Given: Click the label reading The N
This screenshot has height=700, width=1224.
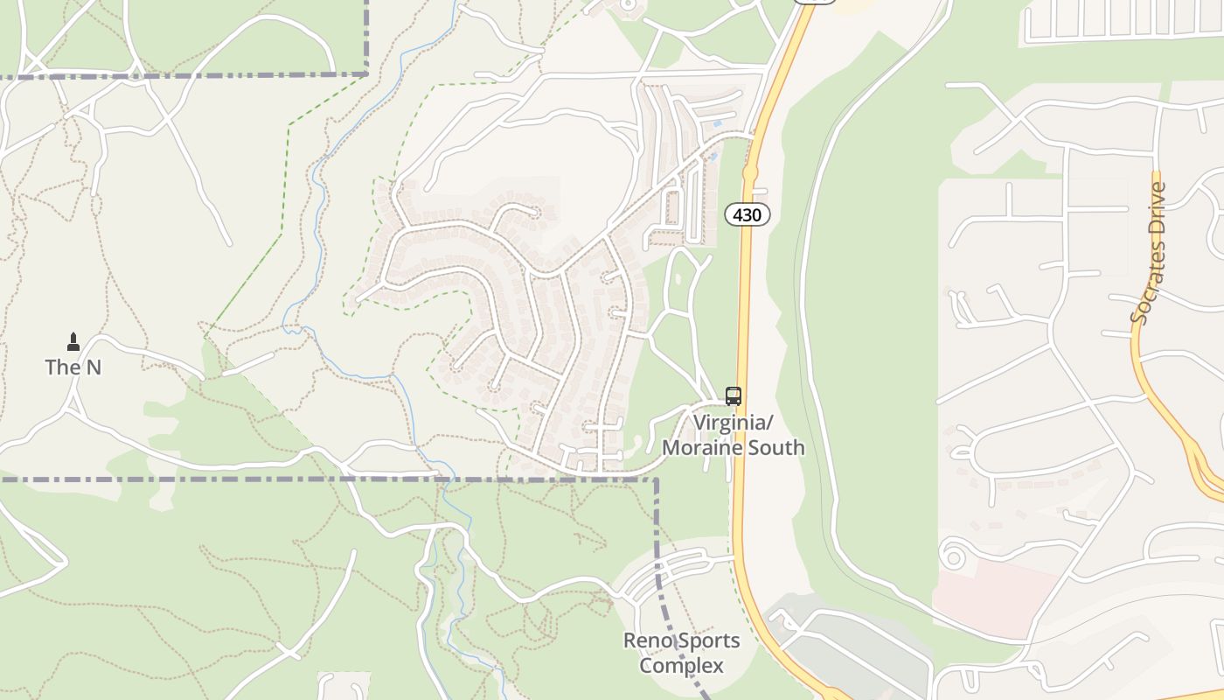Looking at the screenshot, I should [x=73, y=367].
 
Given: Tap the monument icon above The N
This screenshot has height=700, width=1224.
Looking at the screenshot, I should [x=73, y=341].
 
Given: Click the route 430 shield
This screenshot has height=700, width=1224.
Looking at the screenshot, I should [x=748, y=214].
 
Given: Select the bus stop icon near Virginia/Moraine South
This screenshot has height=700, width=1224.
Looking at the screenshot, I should [x=734, y=395].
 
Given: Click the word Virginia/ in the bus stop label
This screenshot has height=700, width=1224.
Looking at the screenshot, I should [x=734, y=423].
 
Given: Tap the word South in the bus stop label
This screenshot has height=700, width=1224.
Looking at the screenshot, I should [x=772, y=448].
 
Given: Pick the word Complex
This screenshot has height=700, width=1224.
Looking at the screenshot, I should [x=681, y=666].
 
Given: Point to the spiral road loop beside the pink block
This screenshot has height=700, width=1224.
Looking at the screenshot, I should [x=952, y=555].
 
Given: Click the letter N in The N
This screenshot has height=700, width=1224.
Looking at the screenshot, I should [x=94, y=367].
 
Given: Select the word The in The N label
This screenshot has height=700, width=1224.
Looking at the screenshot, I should [x=62, y=367].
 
